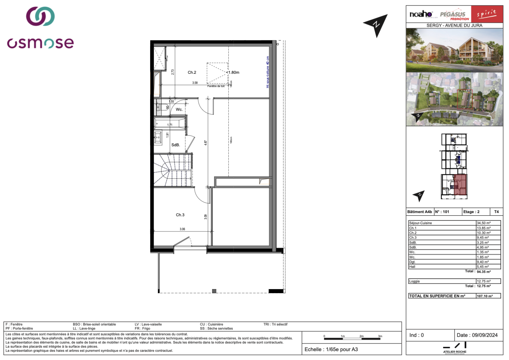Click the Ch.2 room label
(192, 73)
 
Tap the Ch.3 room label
(180, 215)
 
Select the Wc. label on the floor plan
(179, 109)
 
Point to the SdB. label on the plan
(176, 145)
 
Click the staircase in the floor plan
(173, 170)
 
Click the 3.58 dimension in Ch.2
(195, 83)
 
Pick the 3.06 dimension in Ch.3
(182, 229)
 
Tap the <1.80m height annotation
(233, 73)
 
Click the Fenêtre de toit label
(216, 86)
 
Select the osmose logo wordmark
(40, 43)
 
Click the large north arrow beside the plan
(376, 25)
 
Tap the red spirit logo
(487, 14)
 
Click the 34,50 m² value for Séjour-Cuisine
(484, 223)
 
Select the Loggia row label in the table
(414, 281)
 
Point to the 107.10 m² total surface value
(485, 296)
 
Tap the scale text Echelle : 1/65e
(331, 350)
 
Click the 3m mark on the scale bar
(380, 336)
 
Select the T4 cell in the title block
(496, 212)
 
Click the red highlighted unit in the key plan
(460, 185)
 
